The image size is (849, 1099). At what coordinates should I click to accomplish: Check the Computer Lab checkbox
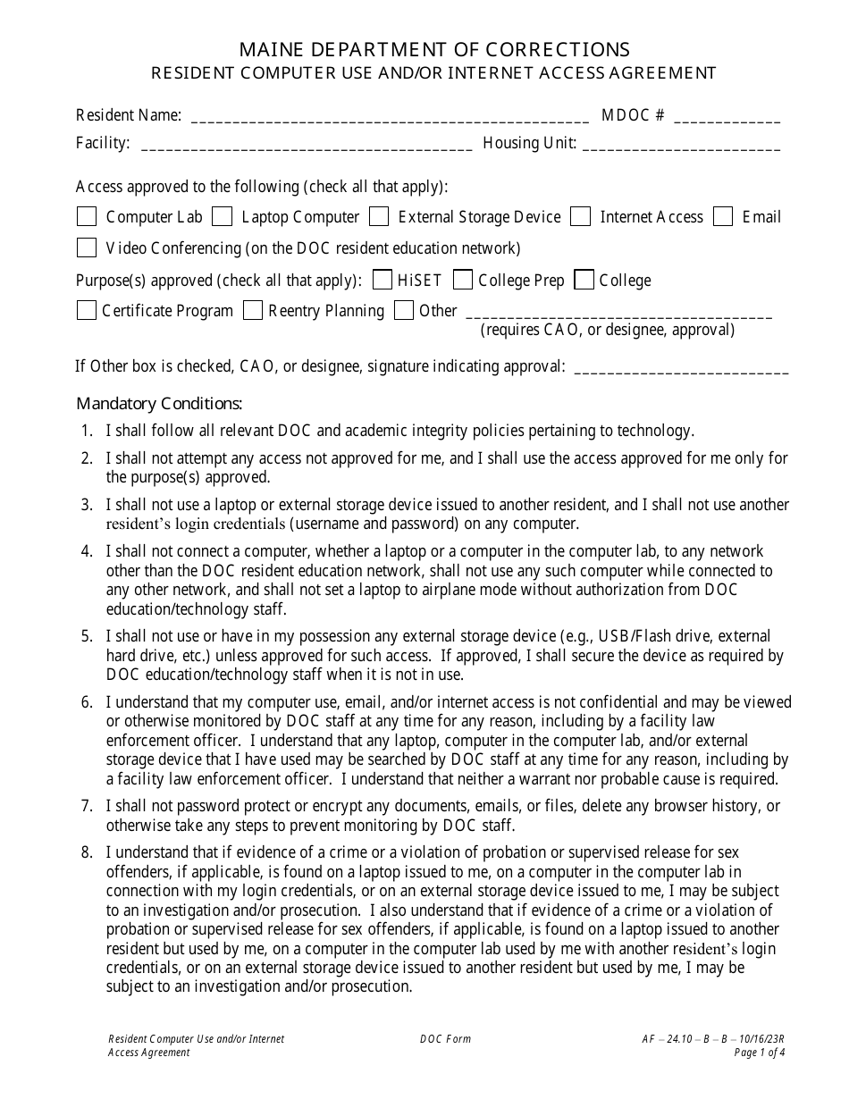click(87, 216)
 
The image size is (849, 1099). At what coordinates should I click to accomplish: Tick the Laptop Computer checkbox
click(223, 216)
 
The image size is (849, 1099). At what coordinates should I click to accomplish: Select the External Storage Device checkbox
click(379, 216)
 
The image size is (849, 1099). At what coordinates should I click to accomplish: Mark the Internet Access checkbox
click(581, 216)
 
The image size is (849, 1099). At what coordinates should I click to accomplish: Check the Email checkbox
click(724, 216)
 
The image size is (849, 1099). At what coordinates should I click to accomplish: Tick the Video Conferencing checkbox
click(87, 247)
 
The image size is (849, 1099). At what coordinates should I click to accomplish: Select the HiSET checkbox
click(382, 280)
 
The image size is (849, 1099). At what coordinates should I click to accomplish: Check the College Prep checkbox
click(463, 280)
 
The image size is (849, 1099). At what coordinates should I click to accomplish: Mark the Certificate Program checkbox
click(87, 310)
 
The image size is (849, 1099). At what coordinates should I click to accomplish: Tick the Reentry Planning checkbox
click(253, 310)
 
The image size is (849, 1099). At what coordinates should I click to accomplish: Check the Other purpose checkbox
click(404, 310)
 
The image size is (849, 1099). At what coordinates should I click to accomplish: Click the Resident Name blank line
click(390, 117)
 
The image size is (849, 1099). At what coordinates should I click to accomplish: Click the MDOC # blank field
click(727, 117)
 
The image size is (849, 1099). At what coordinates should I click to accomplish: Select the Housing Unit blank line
click(681, 145)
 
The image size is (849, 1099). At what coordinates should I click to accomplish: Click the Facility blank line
click(307, 145)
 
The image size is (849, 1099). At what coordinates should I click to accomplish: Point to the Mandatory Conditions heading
click(159, 403)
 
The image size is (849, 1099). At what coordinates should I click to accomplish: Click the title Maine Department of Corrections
click(424, 49)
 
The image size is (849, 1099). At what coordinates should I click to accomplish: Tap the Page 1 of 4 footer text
click(759, 1053)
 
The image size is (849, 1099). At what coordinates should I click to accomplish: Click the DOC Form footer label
click(445, 1039)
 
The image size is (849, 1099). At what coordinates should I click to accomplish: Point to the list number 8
click(87, 852)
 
